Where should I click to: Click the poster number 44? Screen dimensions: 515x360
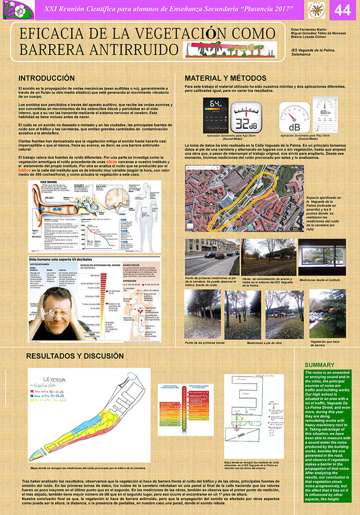[342, 10]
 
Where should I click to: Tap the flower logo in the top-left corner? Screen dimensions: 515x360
[11, 10]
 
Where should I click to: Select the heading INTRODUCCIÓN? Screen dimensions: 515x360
[46, 78]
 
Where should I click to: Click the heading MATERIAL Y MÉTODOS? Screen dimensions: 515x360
[225, 78]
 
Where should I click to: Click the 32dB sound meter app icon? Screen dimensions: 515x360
[248, 117]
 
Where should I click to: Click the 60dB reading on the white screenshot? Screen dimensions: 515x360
[325, 113]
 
